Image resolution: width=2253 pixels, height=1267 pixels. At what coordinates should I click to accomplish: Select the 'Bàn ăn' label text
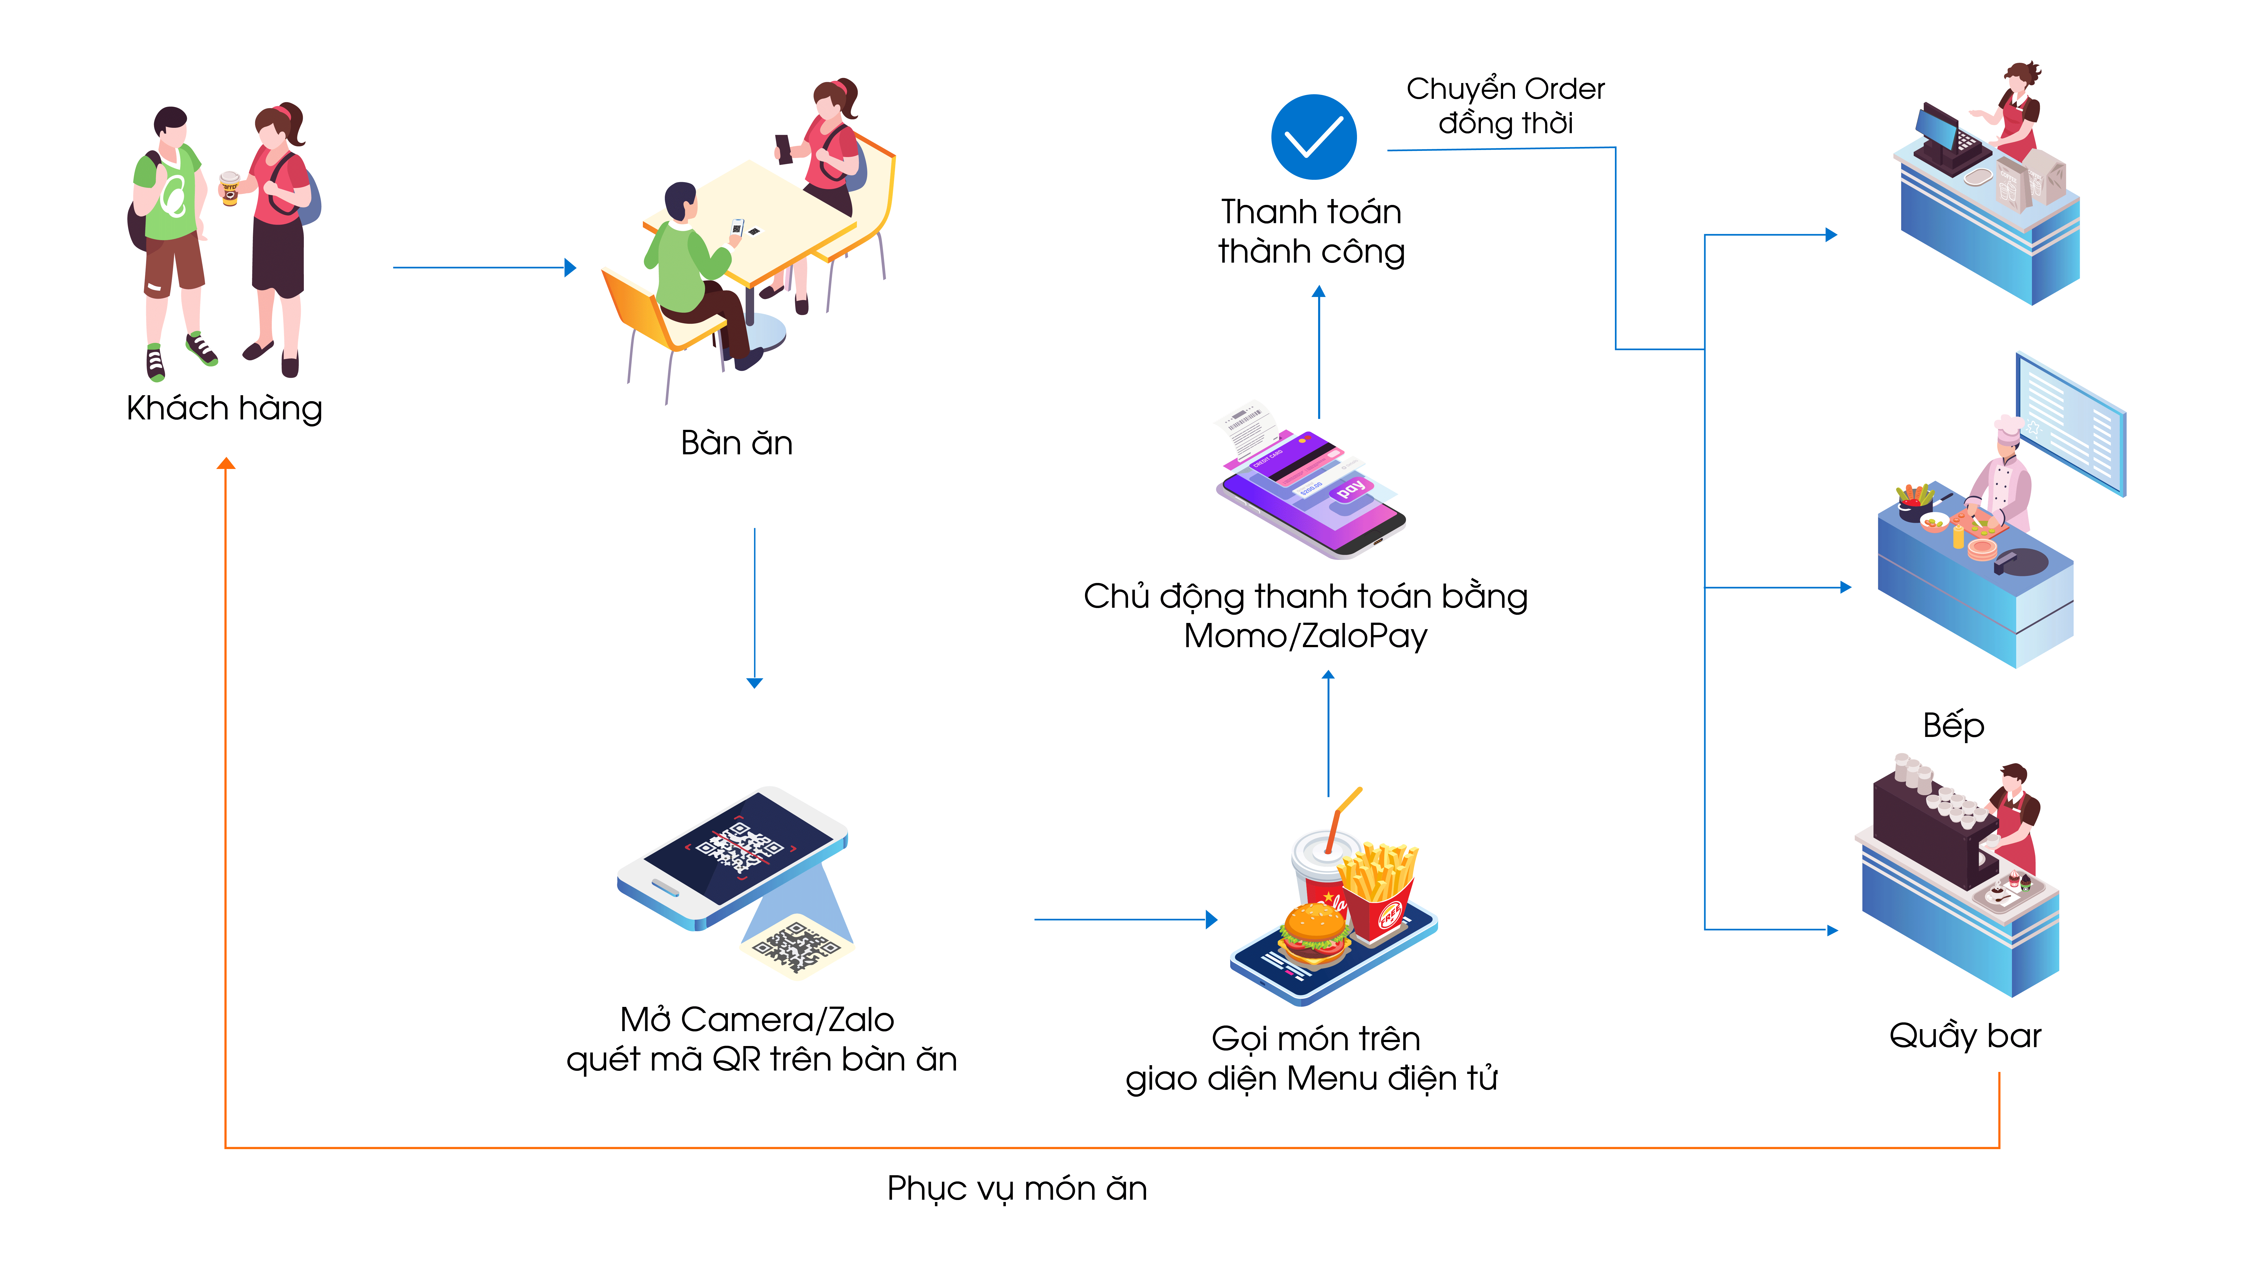pos(736,443)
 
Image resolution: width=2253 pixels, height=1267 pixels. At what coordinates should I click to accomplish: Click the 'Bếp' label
pos(1953,726)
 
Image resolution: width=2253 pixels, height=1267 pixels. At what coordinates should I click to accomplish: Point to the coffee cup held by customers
pos(230,188)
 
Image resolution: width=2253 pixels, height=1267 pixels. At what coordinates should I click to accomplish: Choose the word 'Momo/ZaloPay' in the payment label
pos(1305,636)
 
